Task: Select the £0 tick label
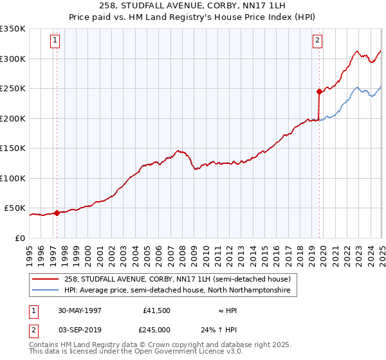click(20, 238)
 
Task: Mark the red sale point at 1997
click(57, 213)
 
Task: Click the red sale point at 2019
click(319, 92)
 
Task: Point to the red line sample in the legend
click(46, 279)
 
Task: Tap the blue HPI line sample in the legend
click(46, 291)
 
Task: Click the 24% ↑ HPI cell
click(223, 330)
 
